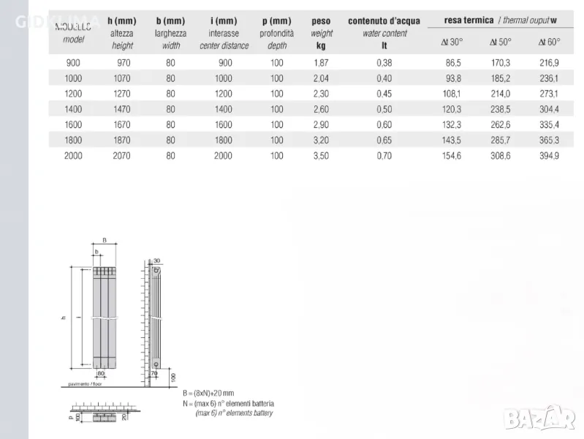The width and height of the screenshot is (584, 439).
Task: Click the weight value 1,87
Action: (x=320, y=63)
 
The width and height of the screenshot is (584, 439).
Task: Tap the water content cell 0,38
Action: (x=384, y=63)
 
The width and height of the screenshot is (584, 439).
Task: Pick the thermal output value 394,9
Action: (x=548, y=156)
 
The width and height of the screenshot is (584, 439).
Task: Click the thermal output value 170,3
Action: (x=500, y=63)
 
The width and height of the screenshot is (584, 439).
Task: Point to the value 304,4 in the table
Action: (x=548, y=109)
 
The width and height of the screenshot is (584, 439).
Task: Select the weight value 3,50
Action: (x=320, y=156)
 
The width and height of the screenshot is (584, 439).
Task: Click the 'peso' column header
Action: (x=321, y=21)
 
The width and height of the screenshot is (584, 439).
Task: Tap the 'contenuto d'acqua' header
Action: (x=384, y=21)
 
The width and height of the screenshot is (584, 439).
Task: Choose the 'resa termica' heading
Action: (x=469, y=20)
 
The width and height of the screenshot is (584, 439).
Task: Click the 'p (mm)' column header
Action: (x=276, y=21)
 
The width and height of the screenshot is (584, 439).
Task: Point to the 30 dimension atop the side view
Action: (x=156, y=260)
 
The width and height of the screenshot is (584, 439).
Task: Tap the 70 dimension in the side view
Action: (x=153, y=374)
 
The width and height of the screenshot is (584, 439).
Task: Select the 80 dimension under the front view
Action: (x=100, y=374)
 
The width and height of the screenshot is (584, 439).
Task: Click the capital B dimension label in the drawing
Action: (x=104, y=239)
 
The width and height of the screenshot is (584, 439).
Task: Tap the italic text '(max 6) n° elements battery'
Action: (x=234, y=413)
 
